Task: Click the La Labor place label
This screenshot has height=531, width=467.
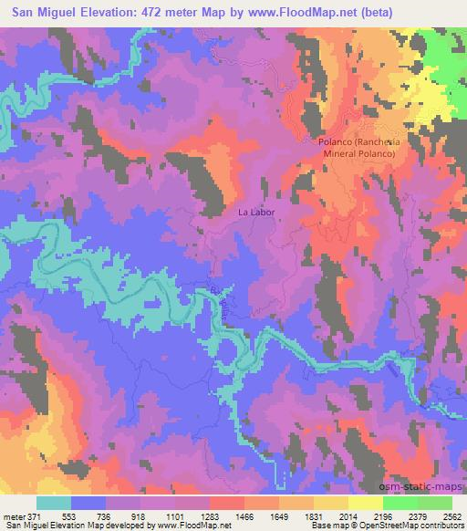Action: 256,212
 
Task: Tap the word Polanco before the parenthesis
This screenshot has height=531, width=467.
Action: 336,142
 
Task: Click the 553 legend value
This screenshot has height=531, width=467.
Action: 70,516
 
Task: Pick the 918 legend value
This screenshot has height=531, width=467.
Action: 140,516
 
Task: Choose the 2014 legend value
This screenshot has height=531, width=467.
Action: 348,516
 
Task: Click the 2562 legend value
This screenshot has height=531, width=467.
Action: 452,516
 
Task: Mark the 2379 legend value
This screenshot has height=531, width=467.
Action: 417,516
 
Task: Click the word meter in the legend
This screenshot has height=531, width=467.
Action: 13,516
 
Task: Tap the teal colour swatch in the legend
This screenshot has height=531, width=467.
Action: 54,503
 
